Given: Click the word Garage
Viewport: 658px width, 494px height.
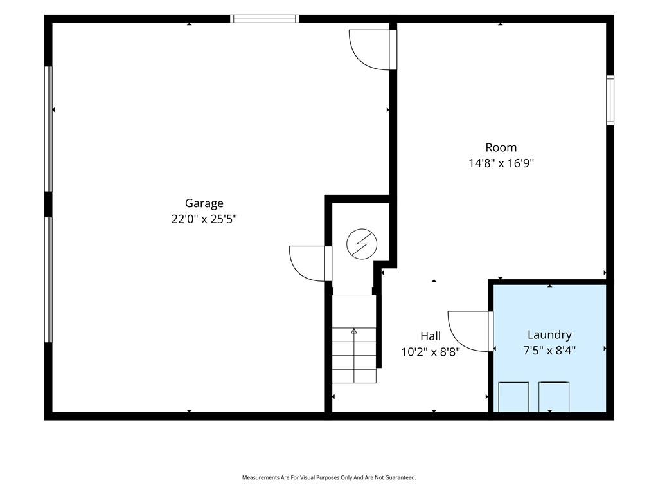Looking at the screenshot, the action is click(x=204, y=204).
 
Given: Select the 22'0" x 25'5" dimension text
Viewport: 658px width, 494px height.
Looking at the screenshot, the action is click(x=204, y=219).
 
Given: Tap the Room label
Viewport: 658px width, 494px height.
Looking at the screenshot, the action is click(x=501, y=147).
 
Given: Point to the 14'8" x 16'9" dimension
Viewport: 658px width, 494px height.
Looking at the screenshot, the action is click(x=501, y=163).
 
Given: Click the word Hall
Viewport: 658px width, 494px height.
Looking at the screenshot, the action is click(x=431, y=336).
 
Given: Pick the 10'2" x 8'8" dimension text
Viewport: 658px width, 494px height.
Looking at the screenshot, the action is click(x=431, y=352).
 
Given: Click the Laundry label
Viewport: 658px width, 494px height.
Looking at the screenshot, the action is click(x=549, y=334).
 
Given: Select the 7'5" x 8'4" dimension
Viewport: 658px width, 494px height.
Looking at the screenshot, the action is click(x=549, y=351).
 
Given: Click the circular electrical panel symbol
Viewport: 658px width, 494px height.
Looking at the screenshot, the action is click(x=362, y=244).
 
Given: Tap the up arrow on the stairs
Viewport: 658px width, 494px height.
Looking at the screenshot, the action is click(x=354, y=331).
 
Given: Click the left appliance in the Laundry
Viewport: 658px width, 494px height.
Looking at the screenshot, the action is click(x=513, y=397).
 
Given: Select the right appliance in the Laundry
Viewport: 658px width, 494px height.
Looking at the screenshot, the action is click(x=554, y=397).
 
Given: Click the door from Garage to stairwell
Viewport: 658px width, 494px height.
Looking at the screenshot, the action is click(x=310, y=263).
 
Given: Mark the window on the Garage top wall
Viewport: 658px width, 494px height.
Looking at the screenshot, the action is click(x=264, y=19).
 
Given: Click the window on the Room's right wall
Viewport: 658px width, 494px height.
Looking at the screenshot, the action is click(x=610, y=100).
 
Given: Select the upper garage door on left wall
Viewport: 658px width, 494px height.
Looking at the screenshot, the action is click(x=49, y=129).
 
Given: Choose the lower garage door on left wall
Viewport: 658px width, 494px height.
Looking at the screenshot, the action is click(x=49, y=280).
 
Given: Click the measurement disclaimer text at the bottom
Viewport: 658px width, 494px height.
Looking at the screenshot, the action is click(x=329, y=478).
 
